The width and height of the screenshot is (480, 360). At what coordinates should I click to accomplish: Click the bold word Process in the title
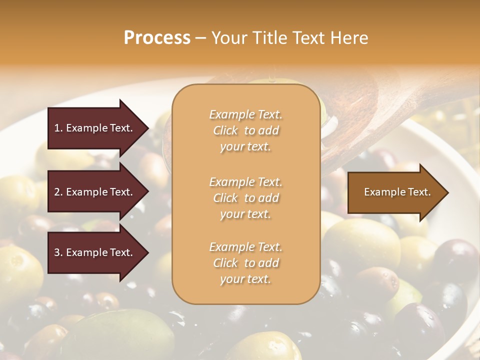[157, 38]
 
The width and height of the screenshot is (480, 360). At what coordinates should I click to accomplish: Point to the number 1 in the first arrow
[56, 128]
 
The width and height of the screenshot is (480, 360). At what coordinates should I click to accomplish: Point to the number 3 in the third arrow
[56, 252]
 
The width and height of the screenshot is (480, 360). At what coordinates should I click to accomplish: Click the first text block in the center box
[245, 130]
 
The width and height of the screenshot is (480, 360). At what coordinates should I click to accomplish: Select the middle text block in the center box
[245, 198]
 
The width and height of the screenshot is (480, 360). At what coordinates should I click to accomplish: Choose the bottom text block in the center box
[245, 263]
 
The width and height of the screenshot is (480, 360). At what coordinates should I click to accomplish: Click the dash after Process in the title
[200, 38]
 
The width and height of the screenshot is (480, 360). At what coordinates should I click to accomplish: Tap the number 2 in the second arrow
[56, 192]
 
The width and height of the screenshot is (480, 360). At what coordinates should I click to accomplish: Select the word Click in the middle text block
[225, 198]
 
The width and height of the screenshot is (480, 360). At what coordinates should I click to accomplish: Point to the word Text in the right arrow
[419, 192]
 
